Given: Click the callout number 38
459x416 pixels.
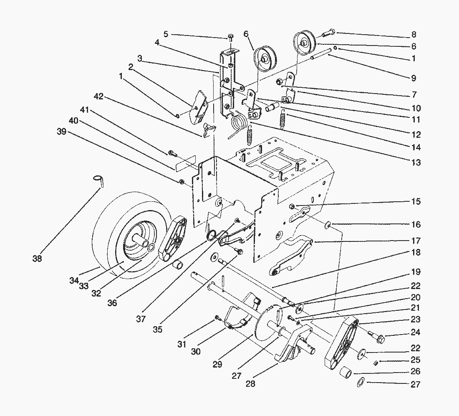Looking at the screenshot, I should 37,259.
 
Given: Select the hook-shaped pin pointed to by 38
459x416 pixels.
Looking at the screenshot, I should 99,180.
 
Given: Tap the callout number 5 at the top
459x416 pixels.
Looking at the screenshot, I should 166,34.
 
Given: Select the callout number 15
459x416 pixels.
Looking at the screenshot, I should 416,202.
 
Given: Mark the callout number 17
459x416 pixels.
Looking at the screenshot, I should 416,241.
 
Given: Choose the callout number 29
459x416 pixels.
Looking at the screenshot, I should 217,364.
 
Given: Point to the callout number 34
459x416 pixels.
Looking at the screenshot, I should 74,280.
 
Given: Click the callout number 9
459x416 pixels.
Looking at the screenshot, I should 413,78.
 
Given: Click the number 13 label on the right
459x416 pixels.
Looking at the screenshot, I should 416,163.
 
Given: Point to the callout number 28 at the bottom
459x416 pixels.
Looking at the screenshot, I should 251,383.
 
